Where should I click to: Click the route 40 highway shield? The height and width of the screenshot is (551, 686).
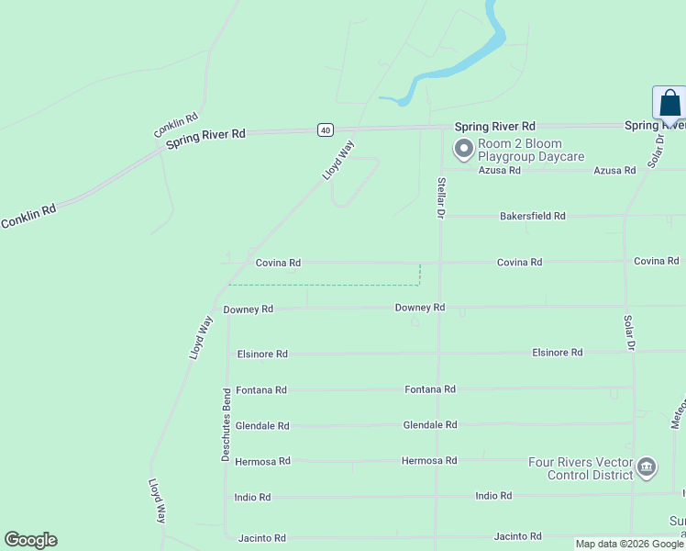click(x=326, y=130)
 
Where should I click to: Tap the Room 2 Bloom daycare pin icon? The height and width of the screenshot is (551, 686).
click(x=464, y=148)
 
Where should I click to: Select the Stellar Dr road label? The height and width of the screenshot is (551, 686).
click(x=441, y=197)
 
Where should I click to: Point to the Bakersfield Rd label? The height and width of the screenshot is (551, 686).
click(x=532, y=216)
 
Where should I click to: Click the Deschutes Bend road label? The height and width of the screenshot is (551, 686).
click(x=226, y=423)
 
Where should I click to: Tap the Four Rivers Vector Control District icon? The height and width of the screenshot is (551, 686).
click(x=647, y=467)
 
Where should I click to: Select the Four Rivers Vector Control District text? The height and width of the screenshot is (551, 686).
click(x=580, y=468)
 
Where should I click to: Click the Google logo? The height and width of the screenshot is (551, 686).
click(x=30, y=540)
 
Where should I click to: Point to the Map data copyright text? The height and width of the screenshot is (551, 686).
click(x=629, y=545)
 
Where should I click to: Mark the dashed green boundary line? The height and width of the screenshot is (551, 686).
click(x=349, y=285)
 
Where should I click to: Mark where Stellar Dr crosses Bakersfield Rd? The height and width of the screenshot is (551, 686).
click(x=440, y=217)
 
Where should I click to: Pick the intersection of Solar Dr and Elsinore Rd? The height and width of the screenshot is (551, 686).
click(x=632, y=352)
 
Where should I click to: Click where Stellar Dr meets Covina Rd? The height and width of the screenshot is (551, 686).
click(x=440, y=263)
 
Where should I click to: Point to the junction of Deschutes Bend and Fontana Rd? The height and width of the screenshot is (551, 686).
click(x=226, y=389)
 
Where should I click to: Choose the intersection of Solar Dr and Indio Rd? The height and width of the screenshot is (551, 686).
click(x=633, y=496)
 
